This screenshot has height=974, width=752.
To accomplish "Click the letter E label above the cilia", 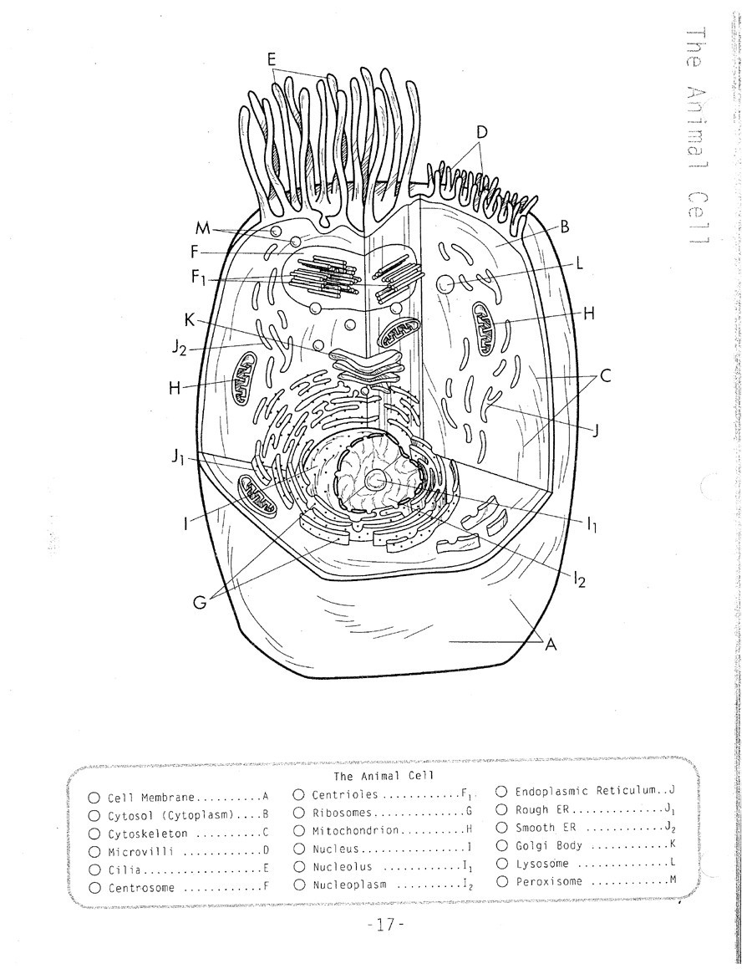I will [x=271, y=59].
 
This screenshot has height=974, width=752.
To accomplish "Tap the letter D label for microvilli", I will [x=481, y=132].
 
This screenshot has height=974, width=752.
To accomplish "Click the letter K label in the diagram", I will [x=190, y=319].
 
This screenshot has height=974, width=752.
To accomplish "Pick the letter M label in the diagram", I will [x=201, y=228].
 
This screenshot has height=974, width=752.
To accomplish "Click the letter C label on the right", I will [x=606, y=376].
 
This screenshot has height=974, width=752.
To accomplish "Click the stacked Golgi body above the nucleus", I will [x=368, y=361].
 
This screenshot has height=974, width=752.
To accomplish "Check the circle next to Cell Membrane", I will [x=94, y=798].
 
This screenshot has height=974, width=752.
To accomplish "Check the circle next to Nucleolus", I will [x=298, y=867].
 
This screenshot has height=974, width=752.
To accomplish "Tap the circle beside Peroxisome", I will [x=501, y=881].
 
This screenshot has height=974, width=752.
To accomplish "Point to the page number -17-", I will [x=385, y=926].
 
